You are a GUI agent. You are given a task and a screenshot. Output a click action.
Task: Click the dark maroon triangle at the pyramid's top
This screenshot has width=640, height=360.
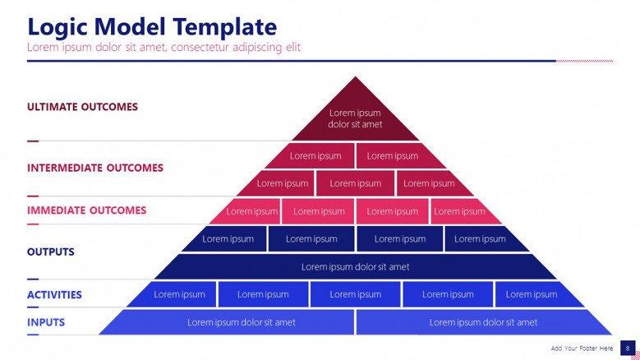[355, 117]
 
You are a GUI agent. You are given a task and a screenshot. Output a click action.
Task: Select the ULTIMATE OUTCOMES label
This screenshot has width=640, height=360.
[82, 107]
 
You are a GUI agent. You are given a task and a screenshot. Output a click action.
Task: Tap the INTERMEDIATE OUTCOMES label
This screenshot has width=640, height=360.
[95, 168]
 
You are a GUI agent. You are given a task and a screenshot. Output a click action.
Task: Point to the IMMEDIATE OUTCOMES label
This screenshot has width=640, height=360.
[86, 210]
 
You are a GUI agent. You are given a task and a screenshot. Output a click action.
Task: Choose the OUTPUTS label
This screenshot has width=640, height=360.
[51, 252]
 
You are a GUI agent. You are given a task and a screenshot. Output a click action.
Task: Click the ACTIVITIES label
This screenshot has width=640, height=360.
[54, 295]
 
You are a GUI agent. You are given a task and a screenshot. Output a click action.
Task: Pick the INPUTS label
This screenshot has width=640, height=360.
[46, 322]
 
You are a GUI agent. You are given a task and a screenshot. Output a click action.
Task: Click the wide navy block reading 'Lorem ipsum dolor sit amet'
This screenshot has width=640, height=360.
[355, 267]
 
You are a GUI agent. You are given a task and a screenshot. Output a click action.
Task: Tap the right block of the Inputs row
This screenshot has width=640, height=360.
[483, 322]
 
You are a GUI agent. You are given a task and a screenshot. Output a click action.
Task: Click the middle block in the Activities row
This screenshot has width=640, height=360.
[355, 294]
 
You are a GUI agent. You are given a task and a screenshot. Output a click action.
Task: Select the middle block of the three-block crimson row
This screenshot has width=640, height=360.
[355, 183]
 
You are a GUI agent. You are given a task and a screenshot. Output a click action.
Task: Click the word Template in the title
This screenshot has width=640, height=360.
[224, 26]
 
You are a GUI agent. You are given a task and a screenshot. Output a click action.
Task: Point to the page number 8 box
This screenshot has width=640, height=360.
[628, 348]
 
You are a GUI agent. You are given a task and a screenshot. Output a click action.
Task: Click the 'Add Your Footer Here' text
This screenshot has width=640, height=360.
[582, 348]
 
